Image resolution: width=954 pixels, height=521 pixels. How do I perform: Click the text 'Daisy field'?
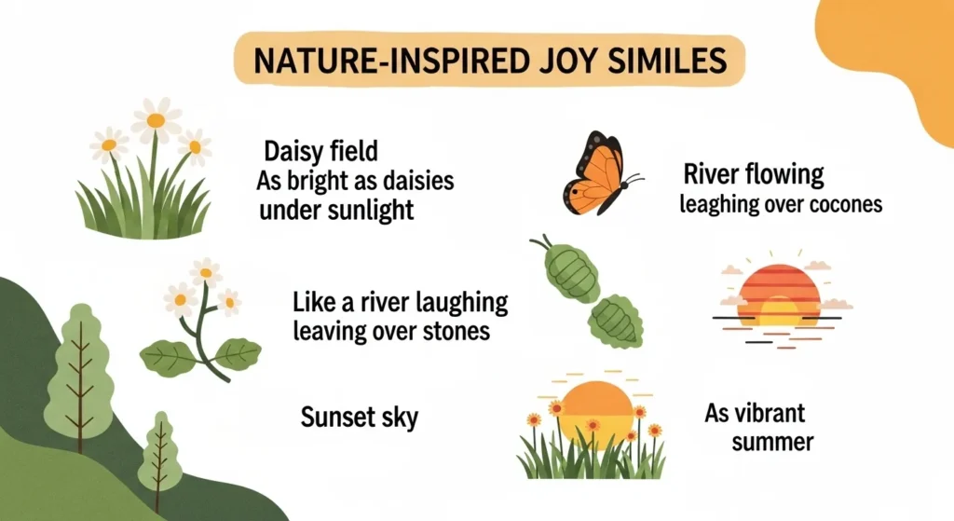point(321,150)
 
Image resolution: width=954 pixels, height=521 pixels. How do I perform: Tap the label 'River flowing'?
point(753,174)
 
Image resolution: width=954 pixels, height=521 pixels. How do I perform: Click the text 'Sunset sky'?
point(359,417)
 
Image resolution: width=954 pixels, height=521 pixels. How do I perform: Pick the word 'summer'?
point(772,441)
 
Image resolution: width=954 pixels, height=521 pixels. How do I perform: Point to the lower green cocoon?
point(616,320)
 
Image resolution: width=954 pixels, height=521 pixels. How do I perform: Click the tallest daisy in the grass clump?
point(156,120)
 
